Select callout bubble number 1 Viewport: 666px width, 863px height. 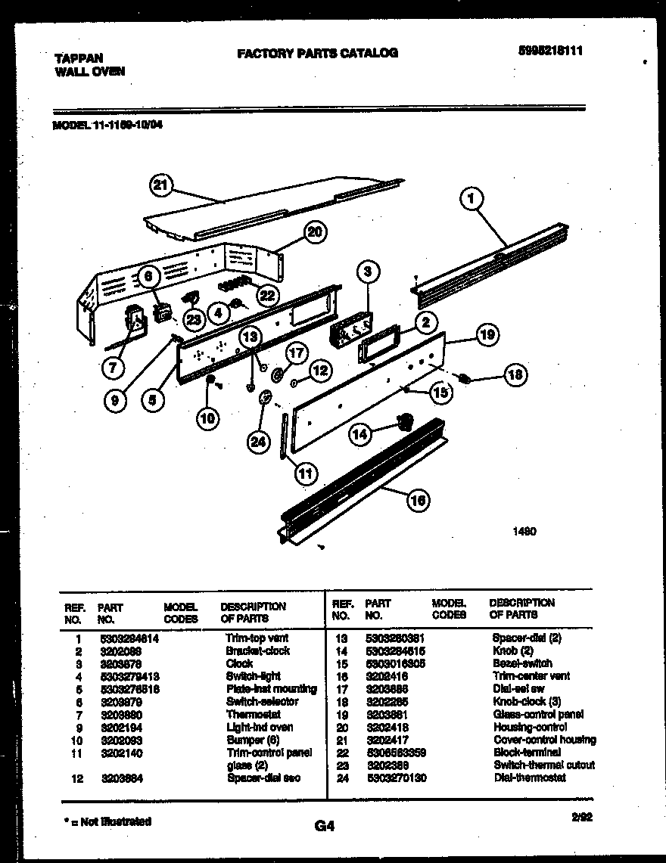point(471,200)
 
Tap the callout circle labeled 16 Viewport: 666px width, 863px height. point(419,500)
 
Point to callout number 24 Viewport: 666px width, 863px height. point(258,443)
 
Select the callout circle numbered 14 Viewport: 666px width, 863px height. point(360,433)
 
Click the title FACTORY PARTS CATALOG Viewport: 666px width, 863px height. point(317,53)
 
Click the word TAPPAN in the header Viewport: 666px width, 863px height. point(79,57)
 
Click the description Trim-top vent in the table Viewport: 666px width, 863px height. point(257,638)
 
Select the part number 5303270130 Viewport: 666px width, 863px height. point(396,778)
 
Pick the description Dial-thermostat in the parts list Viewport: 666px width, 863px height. point(529,778)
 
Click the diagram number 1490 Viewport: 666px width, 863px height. point(524,532)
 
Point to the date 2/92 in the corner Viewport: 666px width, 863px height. point(582,816)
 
